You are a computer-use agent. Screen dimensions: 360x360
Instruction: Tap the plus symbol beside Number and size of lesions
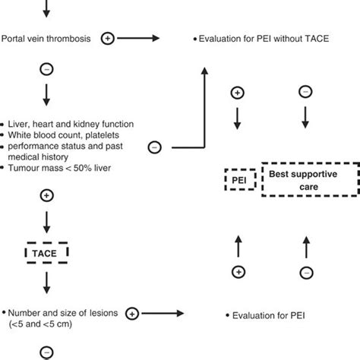132,312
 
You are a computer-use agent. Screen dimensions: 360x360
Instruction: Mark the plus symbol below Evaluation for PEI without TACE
238,93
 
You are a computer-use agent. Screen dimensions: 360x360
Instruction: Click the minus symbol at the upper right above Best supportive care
305,91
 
